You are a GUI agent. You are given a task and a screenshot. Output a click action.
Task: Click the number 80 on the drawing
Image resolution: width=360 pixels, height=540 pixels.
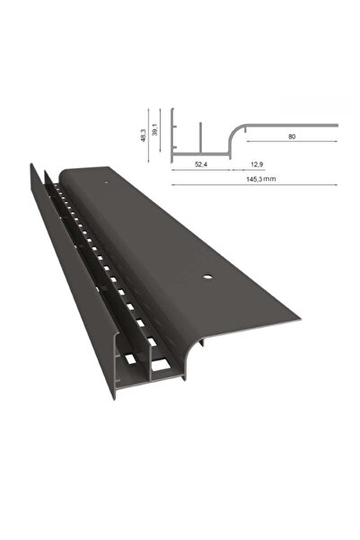(293, 137)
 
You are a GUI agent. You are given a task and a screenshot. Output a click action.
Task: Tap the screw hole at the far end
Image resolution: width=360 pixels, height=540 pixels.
(108, 184)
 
